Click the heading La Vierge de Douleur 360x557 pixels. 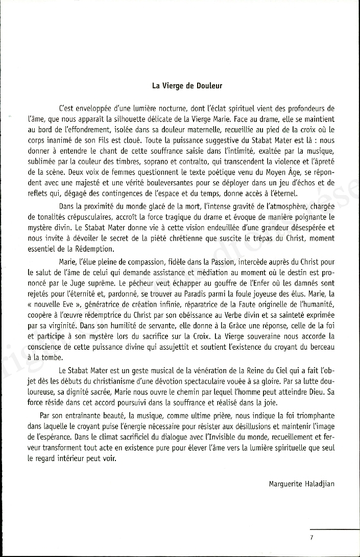(187, 86)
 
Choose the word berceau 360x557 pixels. (319, 347)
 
